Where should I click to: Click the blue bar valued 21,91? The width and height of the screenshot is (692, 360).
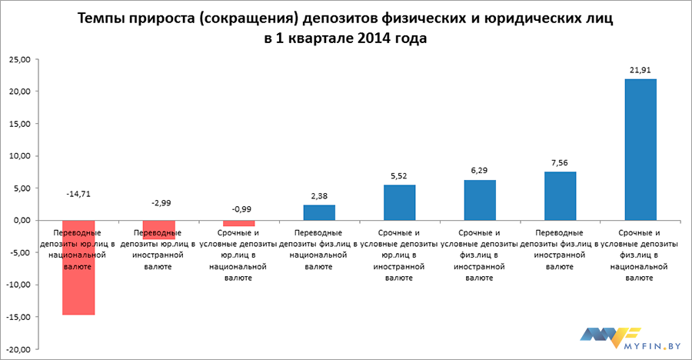640,149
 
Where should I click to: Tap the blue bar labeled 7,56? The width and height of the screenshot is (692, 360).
560,195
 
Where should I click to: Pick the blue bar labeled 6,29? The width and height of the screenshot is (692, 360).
480,200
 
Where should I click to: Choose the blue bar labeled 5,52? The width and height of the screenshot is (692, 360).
399,202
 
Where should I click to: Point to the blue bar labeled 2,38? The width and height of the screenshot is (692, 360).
319,212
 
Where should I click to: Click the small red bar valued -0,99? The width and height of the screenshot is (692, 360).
238,223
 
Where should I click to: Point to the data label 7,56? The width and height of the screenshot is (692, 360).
560,163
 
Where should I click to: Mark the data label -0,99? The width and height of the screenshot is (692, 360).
238,209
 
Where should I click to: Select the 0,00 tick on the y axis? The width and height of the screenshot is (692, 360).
21,220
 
